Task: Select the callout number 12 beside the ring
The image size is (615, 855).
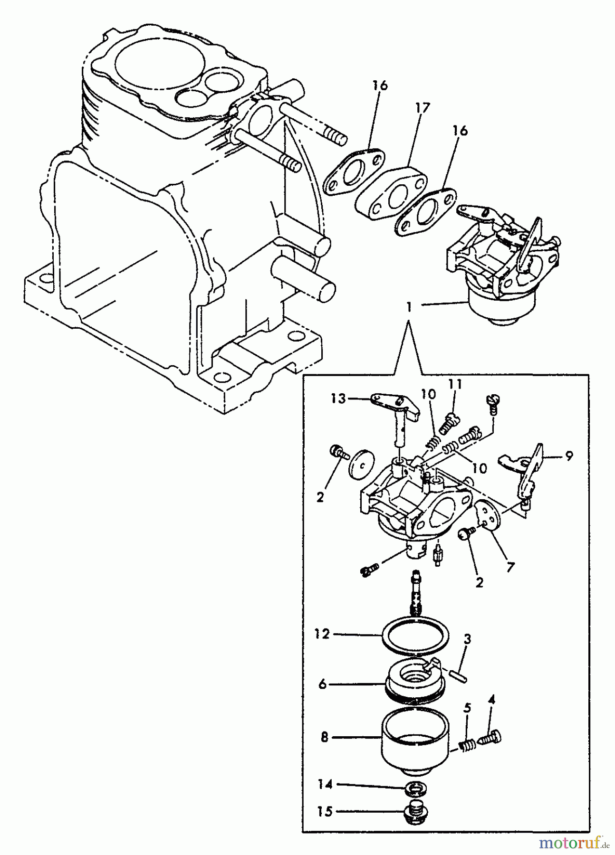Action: [x=322, y=634]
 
